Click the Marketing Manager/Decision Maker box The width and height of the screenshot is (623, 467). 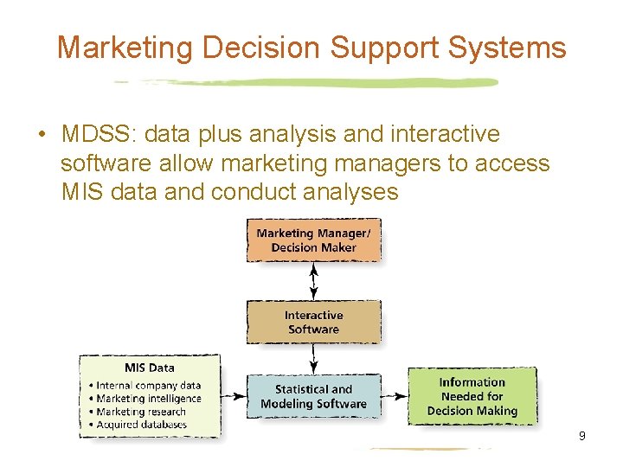pyautogui.click(x=313, y=240)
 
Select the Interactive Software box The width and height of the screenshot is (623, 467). pyautogui.click(x=313, y=322)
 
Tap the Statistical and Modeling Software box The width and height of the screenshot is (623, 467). pyautogui.click(x=313, y=397)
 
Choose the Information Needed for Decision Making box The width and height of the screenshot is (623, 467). pyautogui.click(x=472, y=397)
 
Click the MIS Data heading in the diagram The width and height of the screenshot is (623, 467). pyautogui.click(x=149, y=368)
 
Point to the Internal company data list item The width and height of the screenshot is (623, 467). pyautogui.click(x=148, y=386)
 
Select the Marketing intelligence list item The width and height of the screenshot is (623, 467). pyautogui.click(x=148, y=399)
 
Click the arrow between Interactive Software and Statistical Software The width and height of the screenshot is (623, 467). pyautogui.click(x=313, y=358)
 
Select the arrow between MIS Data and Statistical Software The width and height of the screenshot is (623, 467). pyautogui.click(x=234, y=397)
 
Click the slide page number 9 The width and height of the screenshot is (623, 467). pyautogui.click(x=581, y=436)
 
